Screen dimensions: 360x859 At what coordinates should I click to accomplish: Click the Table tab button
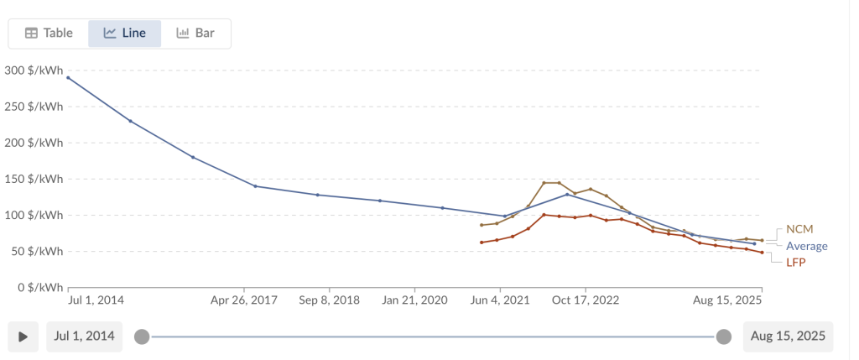pos(49,34)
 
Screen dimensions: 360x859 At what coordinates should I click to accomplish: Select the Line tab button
pos(124,34)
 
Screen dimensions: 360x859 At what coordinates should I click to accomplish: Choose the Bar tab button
pos(195,34)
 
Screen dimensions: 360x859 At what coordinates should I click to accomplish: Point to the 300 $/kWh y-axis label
pos(34,70)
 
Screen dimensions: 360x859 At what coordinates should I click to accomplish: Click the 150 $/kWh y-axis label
pos(34,179)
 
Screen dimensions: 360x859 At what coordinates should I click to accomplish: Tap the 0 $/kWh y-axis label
pos(39,288)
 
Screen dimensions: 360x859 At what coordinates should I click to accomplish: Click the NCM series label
pos(799,229)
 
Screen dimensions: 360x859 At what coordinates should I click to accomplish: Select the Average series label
pos(806,246)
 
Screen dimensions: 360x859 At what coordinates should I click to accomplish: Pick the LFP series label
pos(796,263)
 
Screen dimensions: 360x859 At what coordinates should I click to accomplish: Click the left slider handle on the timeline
pos(142,337)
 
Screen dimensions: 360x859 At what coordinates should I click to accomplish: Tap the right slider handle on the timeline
pos(724,337)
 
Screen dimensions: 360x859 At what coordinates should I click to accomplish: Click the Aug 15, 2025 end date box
pos(788,337)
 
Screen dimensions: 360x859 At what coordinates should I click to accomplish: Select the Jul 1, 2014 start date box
pos(85,337)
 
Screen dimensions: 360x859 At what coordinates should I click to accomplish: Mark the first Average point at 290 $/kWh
pos(68,77)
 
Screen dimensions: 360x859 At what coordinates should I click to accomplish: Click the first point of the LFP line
pos(482,243)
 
